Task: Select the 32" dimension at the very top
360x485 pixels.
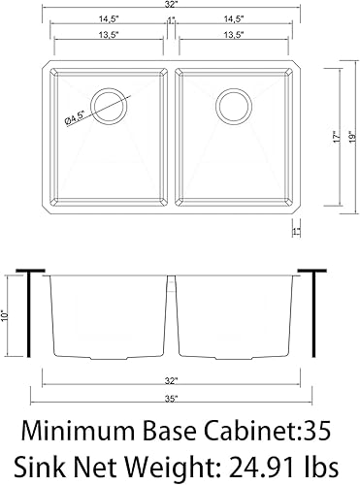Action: coord(172,7)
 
